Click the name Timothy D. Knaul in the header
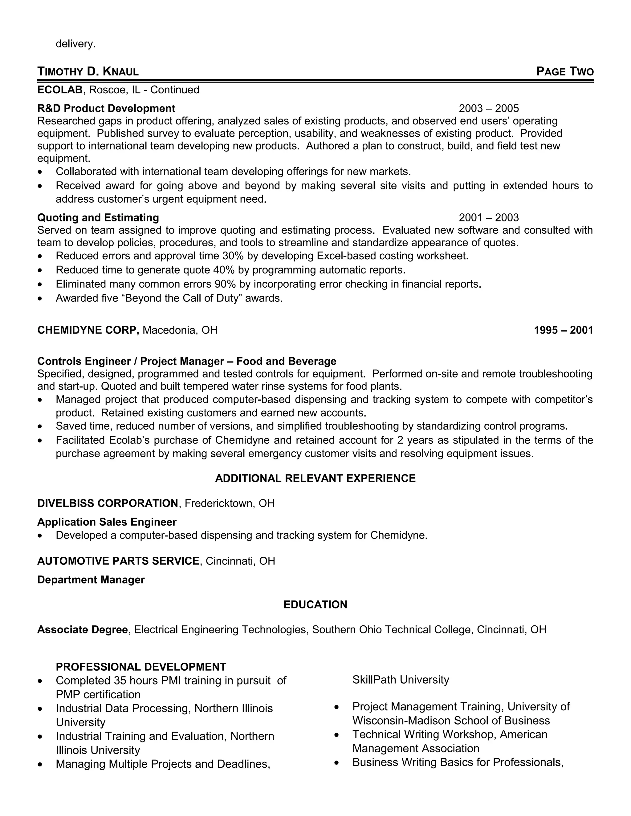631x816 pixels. [x=88, y=71]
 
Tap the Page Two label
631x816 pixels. [x=564, y=71]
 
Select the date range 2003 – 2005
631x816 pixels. [x=489, y=108]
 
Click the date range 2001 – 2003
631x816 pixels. [x=489, y=217]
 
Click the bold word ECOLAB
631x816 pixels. [x=60, y=90]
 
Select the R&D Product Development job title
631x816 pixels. [x=106, y=108]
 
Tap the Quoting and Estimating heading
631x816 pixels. [x=98, y=217]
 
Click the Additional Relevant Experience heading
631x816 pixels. [x=315, y=478]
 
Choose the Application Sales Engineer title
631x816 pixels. [x=107, y=522]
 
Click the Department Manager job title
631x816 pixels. [x=91, y=580]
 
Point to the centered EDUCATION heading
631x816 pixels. [x=315, y=604]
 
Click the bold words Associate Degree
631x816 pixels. [x=83, y=630]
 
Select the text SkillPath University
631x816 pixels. [x=400, y=680]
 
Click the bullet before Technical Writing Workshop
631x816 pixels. [x=336, y=735]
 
